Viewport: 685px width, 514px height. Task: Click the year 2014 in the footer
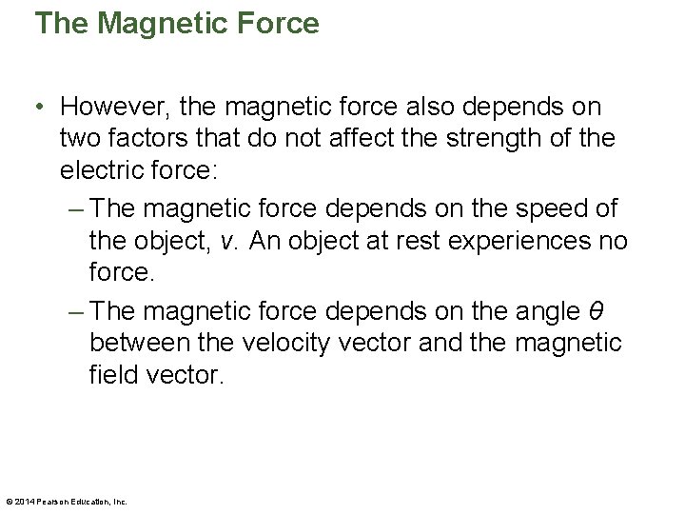coord(24,501)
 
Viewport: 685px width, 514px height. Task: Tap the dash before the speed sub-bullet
coord(79,208)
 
